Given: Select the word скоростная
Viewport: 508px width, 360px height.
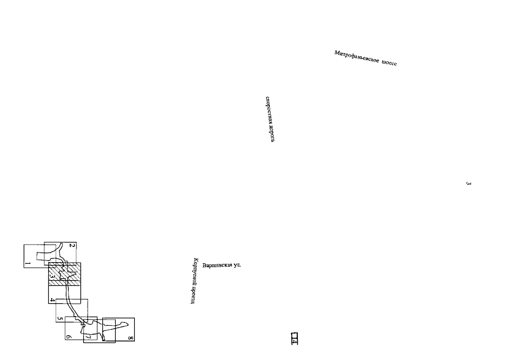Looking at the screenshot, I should pos(269,109).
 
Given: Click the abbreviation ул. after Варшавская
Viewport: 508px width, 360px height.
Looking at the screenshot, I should pos(237,264).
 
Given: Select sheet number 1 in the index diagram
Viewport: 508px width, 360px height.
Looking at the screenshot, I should pos(28,264).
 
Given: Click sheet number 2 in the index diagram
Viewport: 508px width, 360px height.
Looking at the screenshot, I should pos(72,246).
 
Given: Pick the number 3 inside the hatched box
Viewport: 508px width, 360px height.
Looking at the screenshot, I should pos(52,277).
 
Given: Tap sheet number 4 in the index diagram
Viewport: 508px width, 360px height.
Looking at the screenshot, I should pos(52,300).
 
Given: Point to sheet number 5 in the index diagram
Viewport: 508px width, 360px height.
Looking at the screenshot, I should pos(59,318).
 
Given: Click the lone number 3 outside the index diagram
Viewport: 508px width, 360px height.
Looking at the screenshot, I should pos(468,183).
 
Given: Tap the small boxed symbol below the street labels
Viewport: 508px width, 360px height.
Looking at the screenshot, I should pos(294,337).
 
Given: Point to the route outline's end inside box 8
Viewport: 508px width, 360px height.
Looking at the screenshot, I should pos(114,322).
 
